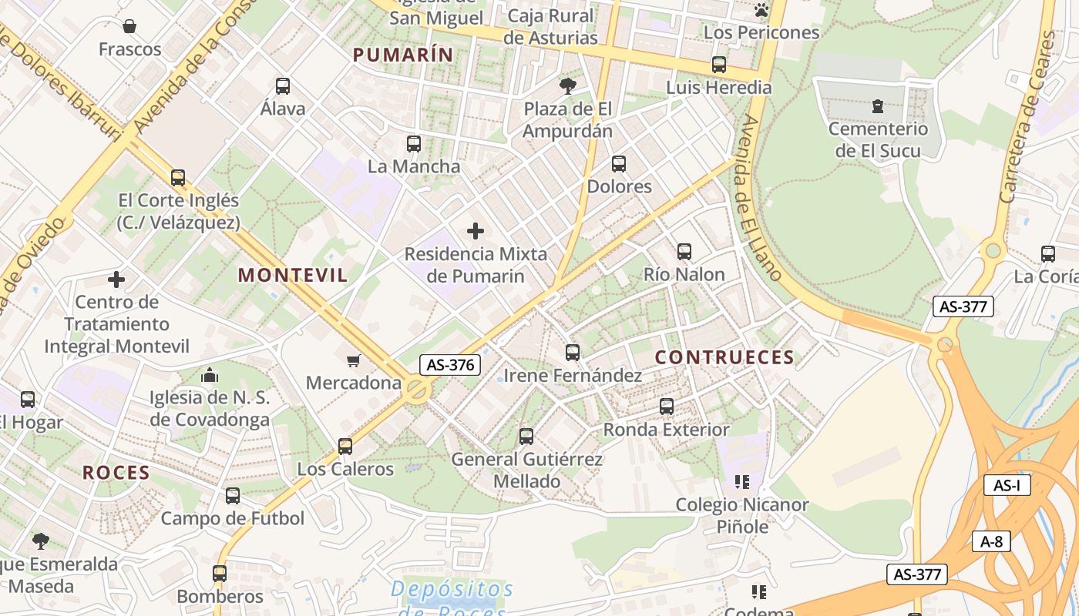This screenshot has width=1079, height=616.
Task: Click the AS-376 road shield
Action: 450,365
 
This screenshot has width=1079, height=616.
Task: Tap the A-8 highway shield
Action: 991,541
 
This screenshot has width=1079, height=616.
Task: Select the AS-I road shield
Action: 1007,485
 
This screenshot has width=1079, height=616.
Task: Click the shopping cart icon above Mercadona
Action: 354,360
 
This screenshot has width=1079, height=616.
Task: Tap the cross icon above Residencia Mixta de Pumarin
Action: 476,230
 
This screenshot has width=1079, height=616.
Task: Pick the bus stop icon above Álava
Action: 283,86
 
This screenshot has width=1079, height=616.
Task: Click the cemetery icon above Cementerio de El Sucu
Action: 877,106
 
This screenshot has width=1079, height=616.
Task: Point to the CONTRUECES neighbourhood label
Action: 724,357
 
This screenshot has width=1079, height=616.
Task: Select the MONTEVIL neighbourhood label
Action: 293,275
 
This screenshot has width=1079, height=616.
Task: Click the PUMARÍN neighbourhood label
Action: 403,55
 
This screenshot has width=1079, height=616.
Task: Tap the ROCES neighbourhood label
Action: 116,473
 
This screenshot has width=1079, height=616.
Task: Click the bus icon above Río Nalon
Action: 684,251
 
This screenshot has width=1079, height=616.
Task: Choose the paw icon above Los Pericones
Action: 761,10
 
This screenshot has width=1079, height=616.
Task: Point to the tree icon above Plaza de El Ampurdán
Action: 568,85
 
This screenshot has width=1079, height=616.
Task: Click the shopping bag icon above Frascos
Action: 129,27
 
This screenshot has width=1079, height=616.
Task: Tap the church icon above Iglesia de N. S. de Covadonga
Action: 210,376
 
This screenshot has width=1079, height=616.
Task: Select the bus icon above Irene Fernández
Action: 572,353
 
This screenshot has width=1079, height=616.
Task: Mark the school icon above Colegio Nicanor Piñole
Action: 742,482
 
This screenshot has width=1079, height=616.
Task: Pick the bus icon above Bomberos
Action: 220,574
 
